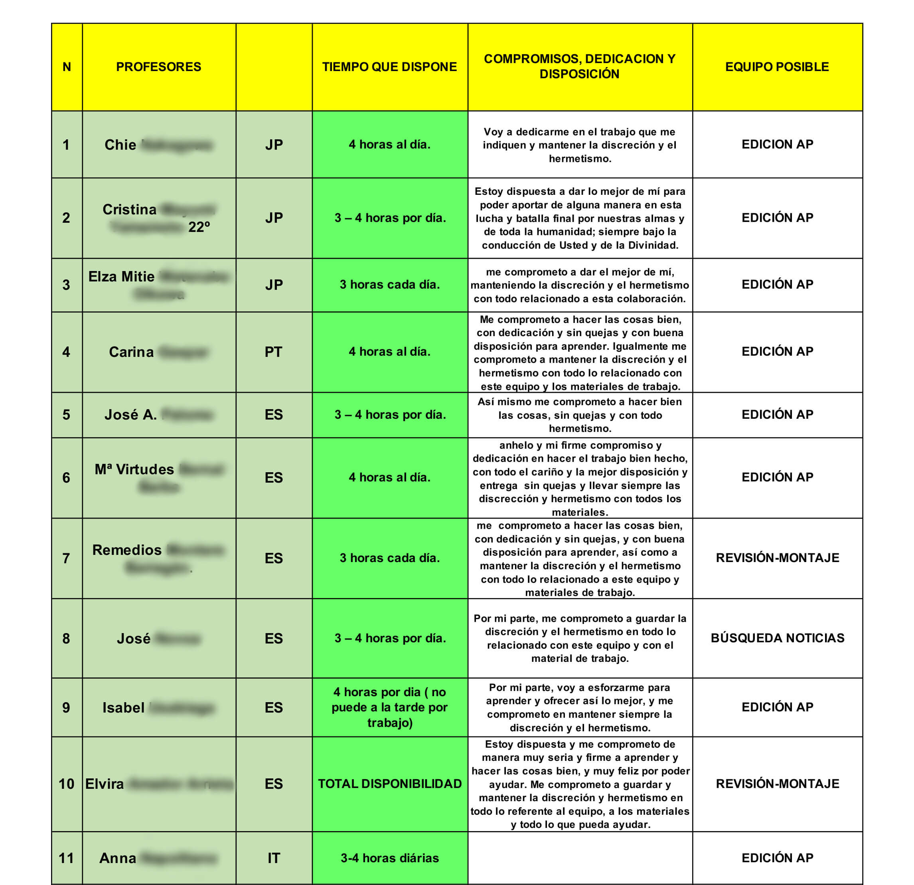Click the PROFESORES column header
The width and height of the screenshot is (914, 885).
tap(158, 67)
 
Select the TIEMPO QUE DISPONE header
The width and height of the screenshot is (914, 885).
tap(389, 67)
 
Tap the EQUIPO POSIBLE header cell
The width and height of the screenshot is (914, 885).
tap(777, 67)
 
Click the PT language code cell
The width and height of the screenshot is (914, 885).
tap(274, 352)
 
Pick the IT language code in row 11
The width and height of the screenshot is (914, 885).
tap(274, 858)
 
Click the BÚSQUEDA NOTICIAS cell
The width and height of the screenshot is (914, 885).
tap(777, 638)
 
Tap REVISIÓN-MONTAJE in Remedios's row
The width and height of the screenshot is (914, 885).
tap(777, 558)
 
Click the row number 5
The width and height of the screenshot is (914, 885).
tap(66, 415)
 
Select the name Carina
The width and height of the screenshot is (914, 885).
tap(131, 352)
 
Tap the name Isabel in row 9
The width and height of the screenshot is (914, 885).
tap(123, 708)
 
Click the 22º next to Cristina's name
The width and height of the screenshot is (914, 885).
tap(199, 227)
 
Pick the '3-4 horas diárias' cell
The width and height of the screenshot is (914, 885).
tap(389, 858)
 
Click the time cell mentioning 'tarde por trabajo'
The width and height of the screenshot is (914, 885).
tap(389, 707)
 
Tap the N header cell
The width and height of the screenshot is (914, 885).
tap(67, 67)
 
